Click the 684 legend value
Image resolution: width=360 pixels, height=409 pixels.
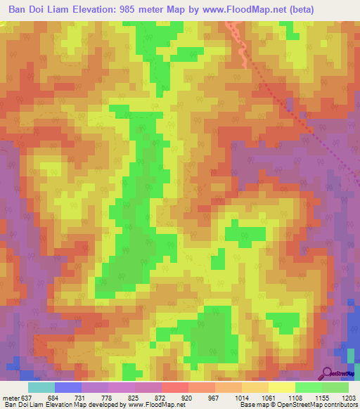[x=63, y=398]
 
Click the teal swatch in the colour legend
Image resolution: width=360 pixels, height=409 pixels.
[x=41, y=387]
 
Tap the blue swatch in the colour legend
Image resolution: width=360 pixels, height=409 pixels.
[x=68, y=387]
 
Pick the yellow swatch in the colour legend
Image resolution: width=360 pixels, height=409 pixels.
[x=281, y=387]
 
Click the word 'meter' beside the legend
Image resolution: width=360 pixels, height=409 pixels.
[x=11, y=398]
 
